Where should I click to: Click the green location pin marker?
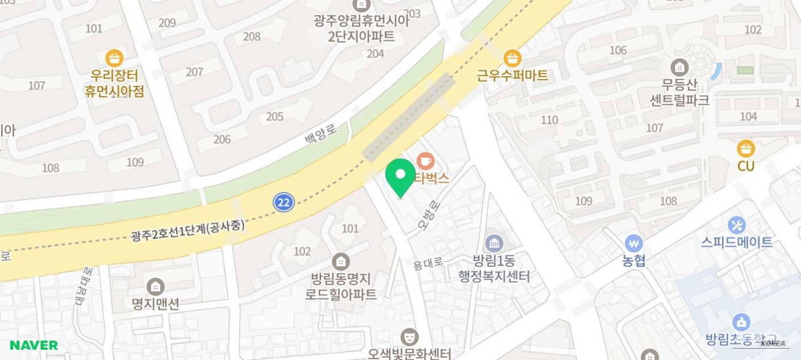tap(400, 176)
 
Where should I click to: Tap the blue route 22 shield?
tap(283, 202)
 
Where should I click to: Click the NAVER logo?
tap(34, 345)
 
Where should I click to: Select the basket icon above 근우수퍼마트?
tap(512, 58)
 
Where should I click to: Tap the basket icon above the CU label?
tap(746, 149)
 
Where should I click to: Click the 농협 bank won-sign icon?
tap(633, 244)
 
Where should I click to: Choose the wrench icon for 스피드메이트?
tap(736, 225)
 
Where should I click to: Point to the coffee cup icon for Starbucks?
tap(425, 160)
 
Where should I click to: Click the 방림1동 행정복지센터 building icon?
tap(494, 244)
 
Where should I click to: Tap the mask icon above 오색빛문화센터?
tap(409, 337)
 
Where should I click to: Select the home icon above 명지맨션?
tap(155, 287)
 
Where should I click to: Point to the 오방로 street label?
tap(429, 215)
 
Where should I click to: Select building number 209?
tap(167, 23)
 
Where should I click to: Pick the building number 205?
tap(274, 116)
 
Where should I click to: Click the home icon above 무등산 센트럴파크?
tap(679, 68)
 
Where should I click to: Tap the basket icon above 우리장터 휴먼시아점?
tap(114, 58)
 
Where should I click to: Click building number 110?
tap(549, 120)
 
